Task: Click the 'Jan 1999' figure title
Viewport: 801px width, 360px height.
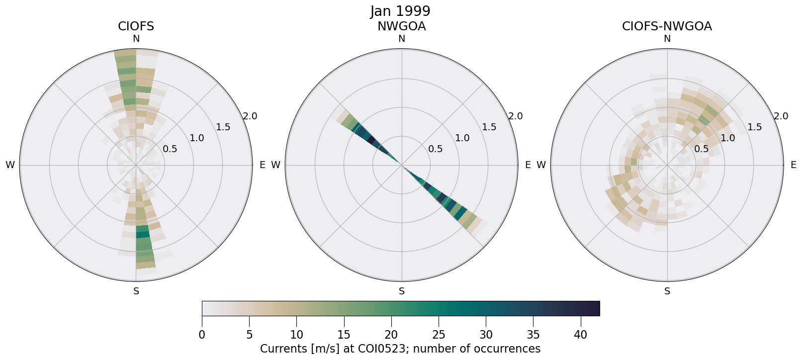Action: click(400, 11)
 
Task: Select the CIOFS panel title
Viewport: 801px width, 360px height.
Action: click(136, 26)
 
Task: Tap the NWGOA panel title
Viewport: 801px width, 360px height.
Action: click(401, 26)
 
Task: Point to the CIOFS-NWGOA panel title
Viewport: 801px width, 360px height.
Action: click(667, 26)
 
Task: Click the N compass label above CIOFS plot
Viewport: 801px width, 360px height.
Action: click(136, 39)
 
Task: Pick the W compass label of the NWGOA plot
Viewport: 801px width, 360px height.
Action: click(276, 165)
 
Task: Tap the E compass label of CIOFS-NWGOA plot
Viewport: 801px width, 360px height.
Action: click(793, 165)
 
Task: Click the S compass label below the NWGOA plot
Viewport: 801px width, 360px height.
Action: click(401, 291)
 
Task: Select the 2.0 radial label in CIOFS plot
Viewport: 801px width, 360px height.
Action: click(250, 116)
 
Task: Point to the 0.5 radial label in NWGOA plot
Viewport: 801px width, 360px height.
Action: click(436, 149)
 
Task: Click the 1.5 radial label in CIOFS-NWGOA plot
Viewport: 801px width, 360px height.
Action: click(754, 127)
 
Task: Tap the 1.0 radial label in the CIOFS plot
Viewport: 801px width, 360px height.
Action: click(197, 138)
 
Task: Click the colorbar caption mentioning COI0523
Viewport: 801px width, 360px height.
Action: click(400, 349)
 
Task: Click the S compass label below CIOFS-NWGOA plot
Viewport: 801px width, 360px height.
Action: click(667, 291)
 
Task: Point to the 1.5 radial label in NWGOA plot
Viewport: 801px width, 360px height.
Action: click(489, 127)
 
